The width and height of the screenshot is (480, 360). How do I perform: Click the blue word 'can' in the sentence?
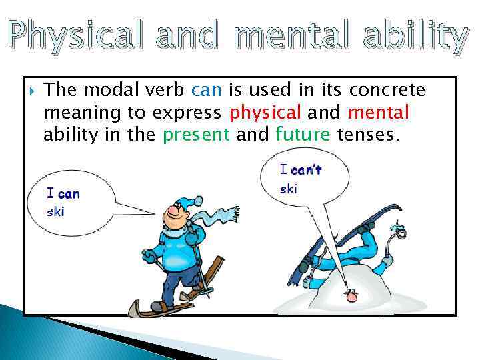point(207,90)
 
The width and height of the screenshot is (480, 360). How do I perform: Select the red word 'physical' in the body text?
point(265,113)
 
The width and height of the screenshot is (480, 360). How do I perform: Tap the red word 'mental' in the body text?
point(378,113)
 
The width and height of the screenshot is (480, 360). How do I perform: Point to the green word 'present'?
point(197,135)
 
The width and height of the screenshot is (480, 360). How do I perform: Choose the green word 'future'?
point(303,135)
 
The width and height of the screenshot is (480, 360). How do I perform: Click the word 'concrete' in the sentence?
point(387,90)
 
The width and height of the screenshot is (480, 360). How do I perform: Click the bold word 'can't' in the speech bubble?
point(306,170)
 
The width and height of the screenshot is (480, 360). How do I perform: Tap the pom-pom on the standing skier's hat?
point(198,200)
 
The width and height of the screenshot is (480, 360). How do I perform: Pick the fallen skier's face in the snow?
point(348,293)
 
